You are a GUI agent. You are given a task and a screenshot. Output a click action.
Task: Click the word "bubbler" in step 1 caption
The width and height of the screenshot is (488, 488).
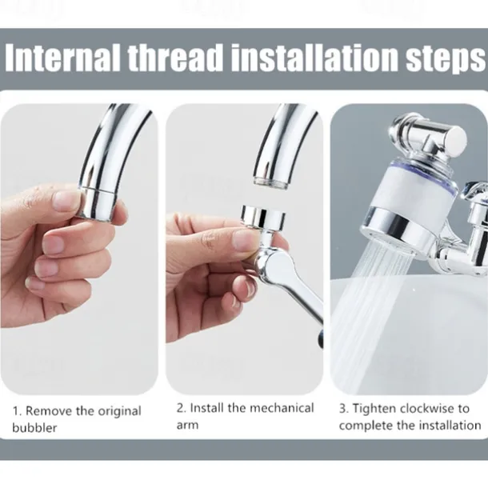click(x=34, y=427)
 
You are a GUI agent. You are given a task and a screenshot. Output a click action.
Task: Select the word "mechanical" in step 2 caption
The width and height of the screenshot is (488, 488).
click(x=282, y=408)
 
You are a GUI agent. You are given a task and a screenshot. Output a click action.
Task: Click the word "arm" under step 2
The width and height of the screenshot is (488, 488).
click(x=187, y=425)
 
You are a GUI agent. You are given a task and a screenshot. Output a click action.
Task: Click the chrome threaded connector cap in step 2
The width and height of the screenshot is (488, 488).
click(x=263, y=217)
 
